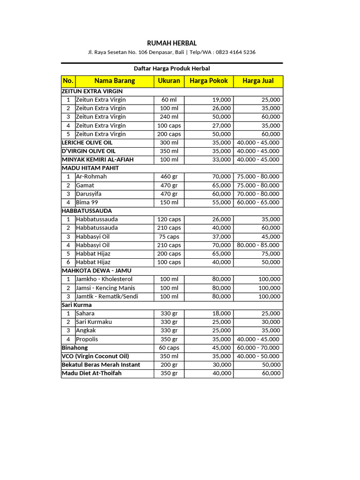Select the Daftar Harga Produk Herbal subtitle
172,68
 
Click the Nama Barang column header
114,81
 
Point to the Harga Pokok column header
209,81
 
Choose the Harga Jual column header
258,81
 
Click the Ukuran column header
169,81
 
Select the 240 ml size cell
169,117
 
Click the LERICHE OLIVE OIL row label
87,142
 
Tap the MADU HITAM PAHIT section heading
90,168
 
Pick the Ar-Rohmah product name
91,177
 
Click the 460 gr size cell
169,177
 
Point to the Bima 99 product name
87,202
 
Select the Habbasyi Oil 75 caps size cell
169,237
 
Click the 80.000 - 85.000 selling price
258,245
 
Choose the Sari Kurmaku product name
94,322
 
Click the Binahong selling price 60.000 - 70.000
258,348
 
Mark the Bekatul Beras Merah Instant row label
101,365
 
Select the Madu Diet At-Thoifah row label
91,373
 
